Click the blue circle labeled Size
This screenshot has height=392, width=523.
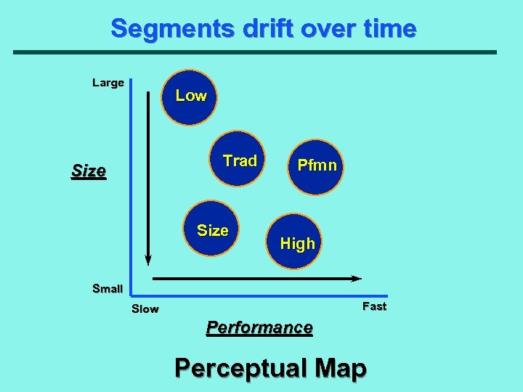214,229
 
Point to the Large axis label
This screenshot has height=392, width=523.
108,83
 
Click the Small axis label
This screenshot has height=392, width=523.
108,288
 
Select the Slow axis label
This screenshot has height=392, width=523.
145,309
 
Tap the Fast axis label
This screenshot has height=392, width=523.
374,306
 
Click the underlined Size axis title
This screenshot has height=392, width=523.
89,172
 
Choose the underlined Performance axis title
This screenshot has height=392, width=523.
259,327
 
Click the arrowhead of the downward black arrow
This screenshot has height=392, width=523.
148,259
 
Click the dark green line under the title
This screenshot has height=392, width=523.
254,52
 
